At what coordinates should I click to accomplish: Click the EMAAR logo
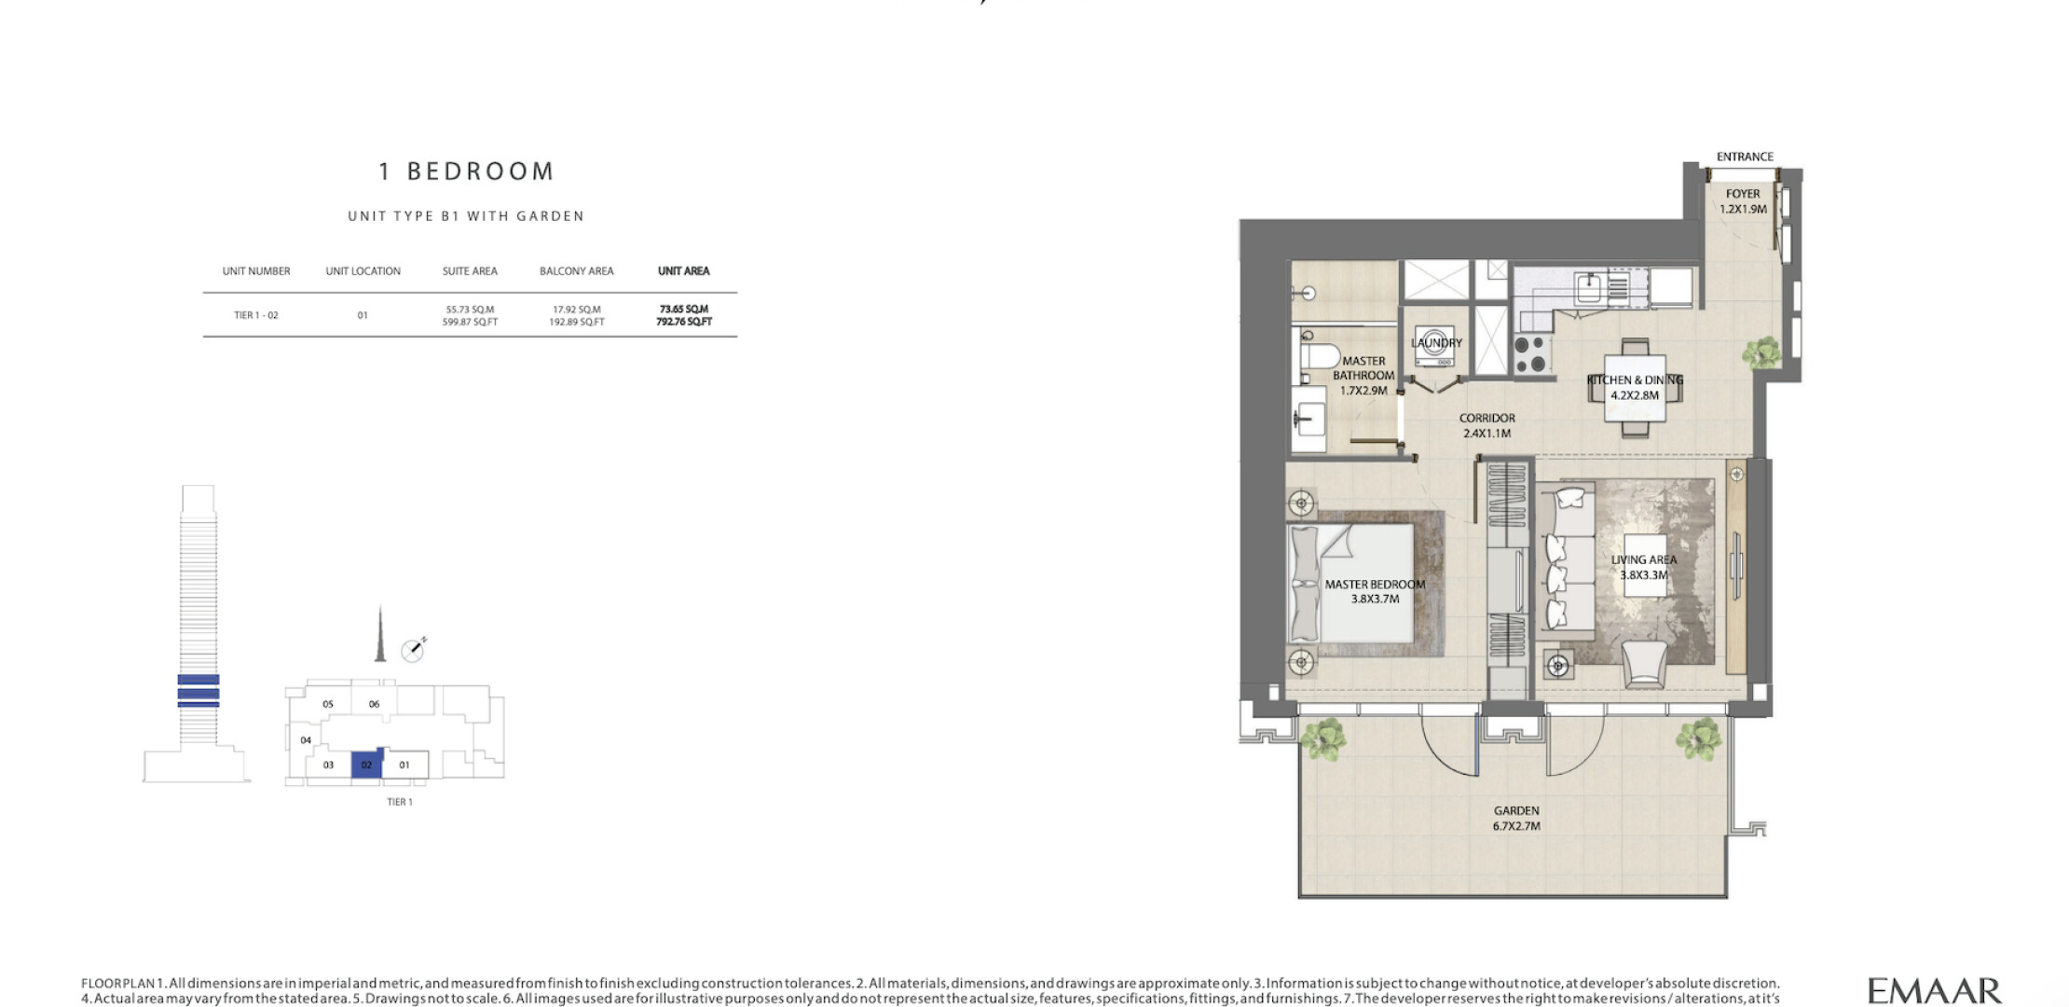pyautogui.click(x=1934, y=990)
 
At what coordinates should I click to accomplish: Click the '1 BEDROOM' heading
pyautogui.click(x=466, y=172)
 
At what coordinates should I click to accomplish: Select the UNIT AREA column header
pyautogui.click(x=684, y=271)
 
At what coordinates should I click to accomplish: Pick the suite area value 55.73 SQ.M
pyautogui.click(x=470, y=310)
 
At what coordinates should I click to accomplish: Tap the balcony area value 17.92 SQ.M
pyautogui.click(x=577, y=310)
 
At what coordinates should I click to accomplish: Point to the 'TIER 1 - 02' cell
pyautogui.click(x=256, y=315)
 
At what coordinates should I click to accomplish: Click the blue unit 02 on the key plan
pyautogui.click(x=366, y=765)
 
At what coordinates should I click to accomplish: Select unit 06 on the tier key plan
pyautogui.click(x=374, y=704)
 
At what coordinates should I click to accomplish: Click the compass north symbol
pyautogui.click(x=413, y=650)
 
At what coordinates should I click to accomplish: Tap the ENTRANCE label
pyautogui.click(x=1745, y=157)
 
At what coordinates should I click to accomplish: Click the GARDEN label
pyautogui.click(x=1516, y=811)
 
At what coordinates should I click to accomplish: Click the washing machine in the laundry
pyautogui.click(x=1434, y=345)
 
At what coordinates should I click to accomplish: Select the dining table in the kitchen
pyautogui.click(x=1635, y=389)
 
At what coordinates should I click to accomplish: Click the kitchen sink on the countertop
pyautogui.click(x=1588, y=288)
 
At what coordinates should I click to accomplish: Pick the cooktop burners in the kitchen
pyautogui.click(x=1530, y=354)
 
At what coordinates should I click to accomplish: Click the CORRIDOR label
pyautogui.click(x=1487, y=419)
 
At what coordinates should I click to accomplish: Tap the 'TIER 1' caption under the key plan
pyautogui.click(x=400, y=802)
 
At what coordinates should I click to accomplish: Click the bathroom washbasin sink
pyautogui.click(x=1309, y=419)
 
